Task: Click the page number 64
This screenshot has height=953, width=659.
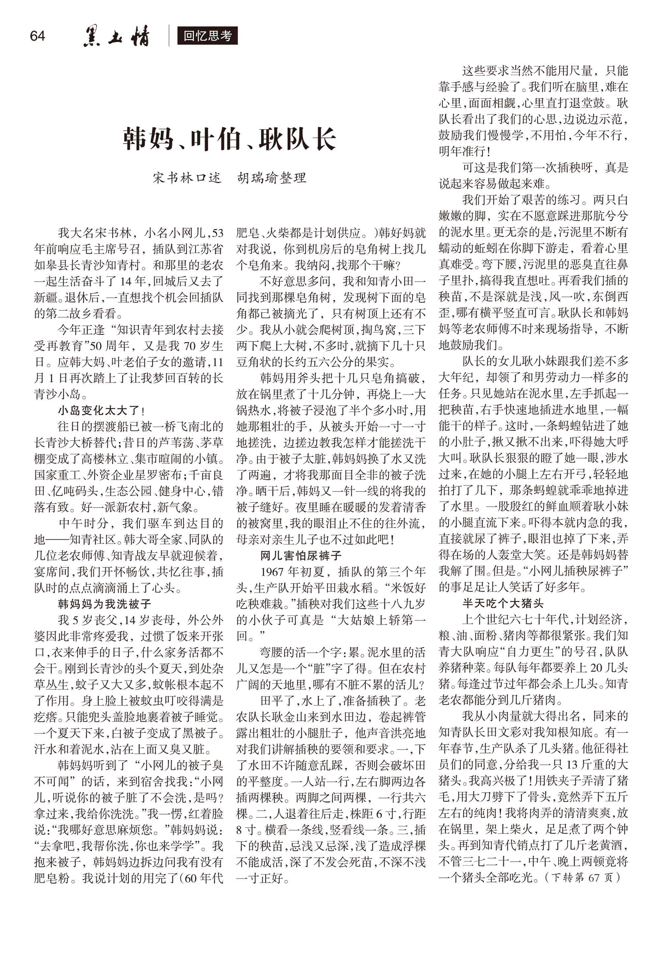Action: (x=37, y=36)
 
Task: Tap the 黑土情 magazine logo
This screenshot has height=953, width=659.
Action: (x=116, y=36)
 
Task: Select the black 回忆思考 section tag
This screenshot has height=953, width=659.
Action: (x=208, y=36)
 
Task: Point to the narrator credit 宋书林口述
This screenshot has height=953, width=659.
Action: (x=187, y=178)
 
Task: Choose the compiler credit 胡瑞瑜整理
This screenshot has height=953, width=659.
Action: (x=272, y=178)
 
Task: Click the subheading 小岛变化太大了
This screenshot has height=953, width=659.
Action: (x=99, y=410)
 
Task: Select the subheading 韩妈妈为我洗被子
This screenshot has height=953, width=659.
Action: (x=104, y=604)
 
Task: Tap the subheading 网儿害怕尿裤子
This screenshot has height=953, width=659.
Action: (x=301, y=556)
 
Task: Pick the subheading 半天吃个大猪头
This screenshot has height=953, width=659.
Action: (x=502, y=604)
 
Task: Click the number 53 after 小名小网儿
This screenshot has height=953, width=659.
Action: (x=217, y=234)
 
